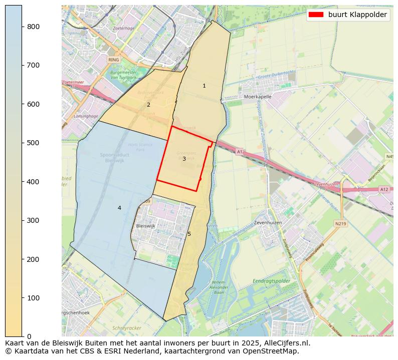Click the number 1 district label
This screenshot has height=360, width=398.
[204, 86]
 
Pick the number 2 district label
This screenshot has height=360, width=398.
[148, 105]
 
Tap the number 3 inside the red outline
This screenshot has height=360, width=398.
[184, 159]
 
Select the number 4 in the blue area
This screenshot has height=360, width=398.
[119, 208]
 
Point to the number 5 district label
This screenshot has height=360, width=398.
[189, 234]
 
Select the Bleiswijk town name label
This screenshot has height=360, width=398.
[146, 226]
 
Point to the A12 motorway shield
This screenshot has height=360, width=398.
[384, 189]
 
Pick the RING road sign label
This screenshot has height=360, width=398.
[114, 60]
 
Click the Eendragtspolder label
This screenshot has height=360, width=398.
[271, 281]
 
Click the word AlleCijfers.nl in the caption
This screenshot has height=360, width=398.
[285, 343]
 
